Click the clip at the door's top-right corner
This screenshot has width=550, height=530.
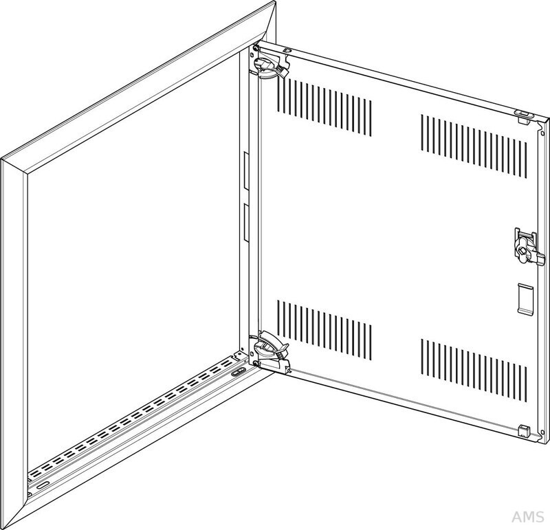pos(525,116)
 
